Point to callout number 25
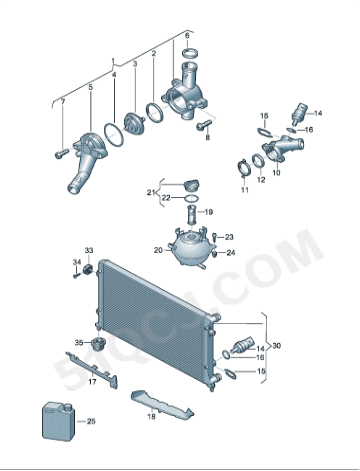pos(91,421)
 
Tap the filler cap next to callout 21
pos(191,185)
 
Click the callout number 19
pos(209,212)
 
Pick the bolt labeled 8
pos(204,125)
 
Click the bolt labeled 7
pos(61,154)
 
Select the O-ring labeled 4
pos(113,135)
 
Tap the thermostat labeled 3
pos(134,122)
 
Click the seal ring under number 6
pos(190,53)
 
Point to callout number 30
pos(277,346)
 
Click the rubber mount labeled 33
pos(88,269)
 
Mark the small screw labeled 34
pos(77,275)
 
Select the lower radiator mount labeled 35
pos(98,343)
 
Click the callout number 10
pos(276,173)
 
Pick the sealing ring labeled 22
pos(192,199)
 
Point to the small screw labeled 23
pos(215,237)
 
